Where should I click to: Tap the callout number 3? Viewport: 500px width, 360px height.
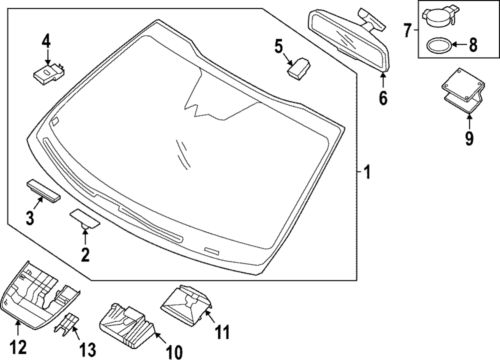(x=30, y=218)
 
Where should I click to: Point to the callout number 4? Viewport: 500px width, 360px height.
(x=46, y=40)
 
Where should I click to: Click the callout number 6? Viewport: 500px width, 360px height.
(x=381, y=98)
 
